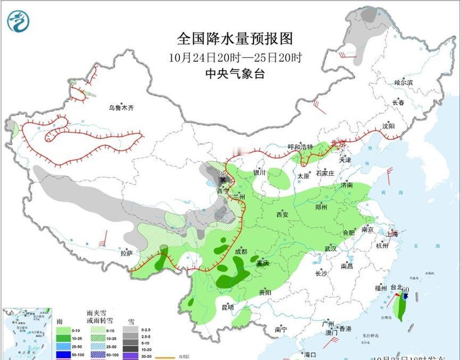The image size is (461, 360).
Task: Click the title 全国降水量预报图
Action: (235, 39)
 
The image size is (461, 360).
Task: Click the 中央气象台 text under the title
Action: (235, 74)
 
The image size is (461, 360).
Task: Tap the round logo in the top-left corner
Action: (18, 21)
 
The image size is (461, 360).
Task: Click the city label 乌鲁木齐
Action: (121, 108)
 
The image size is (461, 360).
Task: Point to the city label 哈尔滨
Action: (404, 83)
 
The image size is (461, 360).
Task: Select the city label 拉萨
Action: (126, 253)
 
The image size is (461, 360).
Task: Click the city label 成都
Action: (241, 251)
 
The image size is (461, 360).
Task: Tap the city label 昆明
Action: (227, 307)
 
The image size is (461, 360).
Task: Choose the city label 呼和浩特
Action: (301, 147)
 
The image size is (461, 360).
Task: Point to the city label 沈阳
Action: (389, 126)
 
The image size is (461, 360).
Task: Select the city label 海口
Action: (310, 355)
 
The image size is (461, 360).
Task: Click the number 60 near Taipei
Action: (406, 290)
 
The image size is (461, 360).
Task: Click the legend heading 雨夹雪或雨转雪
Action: (100, 317)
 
